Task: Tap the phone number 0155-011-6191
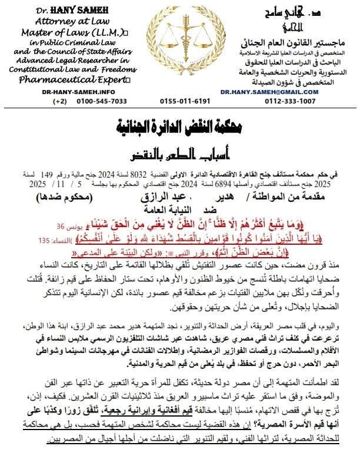[x=185, y=101]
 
